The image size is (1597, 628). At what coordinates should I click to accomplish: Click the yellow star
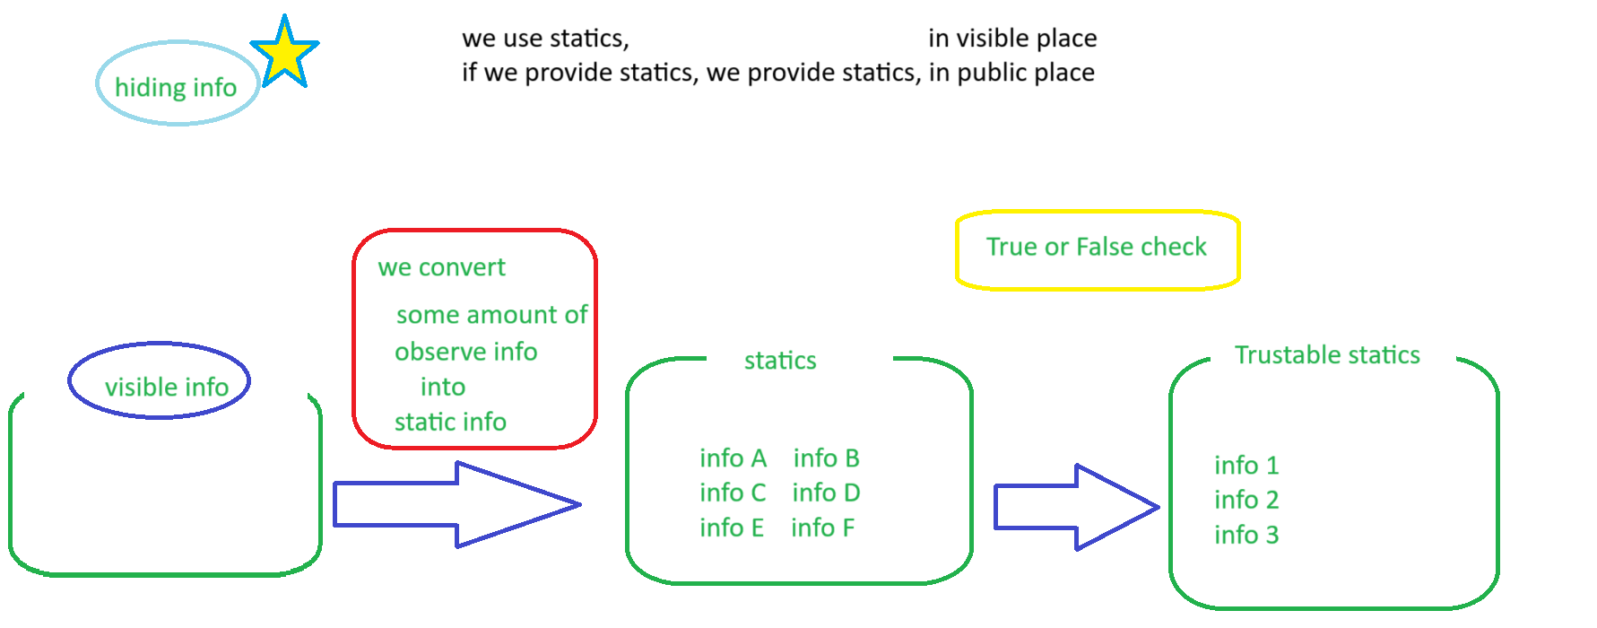284,54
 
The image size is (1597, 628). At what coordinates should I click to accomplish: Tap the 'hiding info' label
176,87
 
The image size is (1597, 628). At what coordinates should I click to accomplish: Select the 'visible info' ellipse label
167,387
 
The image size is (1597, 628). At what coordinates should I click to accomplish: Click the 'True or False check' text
1097,247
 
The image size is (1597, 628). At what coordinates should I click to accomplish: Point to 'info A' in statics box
733,458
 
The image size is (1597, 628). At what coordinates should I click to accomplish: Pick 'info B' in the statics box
826,458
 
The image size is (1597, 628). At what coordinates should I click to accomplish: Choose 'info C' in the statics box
733,493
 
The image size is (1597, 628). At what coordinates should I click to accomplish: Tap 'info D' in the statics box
826,493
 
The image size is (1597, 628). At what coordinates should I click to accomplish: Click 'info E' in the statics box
732,528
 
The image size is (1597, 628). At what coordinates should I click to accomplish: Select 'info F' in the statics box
822,528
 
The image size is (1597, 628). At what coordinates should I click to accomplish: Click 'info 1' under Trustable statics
1246,465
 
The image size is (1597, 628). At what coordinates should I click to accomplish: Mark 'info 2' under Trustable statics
1246,500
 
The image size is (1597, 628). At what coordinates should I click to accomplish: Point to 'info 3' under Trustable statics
1246,535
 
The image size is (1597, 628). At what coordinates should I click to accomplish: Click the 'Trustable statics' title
1327,355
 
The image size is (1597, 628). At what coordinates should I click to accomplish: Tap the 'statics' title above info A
780,361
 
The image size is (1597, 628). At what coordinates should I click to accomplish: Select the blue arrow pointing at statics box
456,504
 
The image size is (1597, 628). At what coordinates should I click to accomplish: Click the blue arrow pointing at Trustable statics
1076,507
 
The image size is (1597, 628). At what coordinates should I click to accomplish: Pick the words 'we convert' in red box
441,267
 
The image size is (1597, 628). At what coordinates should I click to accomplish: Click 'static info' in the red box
450,422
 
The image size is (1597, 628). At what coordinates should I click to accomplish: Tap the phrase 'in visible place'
1012,39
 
